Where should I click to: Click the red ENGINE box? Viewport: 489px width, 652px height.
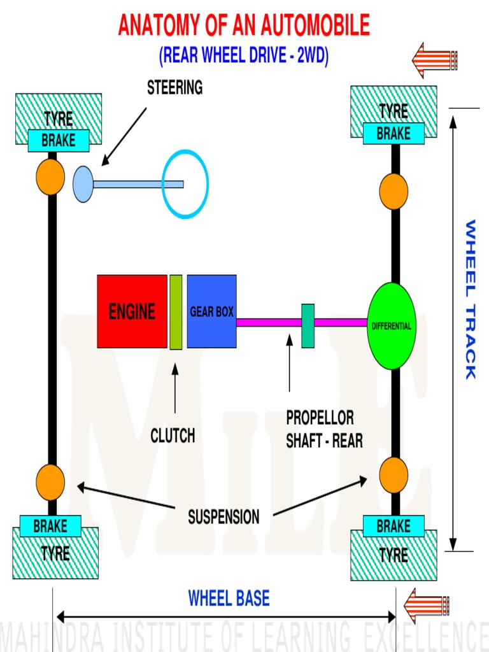[x=132, y=311]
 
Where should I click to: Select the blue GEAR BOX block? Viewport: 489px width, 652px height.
[x=211, y=311]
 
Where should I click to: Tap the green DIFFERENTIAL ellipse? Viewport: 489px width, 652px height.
[x=392, y=326]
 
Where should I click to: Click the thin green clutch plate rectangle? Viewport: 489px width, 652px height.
[x=176, y=312]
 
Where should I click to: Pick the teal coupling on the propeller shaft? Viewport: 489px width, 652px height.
[x=308, y=325]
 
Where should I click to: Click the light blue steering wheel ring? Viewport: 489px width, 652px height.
[x=185, y=185]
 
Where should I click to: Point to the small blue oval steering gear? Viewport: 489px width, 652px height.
[x=83, y=184]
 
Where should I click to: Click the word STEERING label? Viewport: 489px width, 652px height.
[x=174, y=88]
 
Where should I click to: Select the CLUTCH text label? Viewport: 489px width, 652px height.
[x=173, y=436]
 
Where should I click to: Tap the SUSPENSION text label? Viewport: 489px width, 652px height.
[x=223, y=517]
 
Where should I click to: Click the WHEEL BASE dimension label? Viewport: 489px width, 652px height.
[x=229, y=599]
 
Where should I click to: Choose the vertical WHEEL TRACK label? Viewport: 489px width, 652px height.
[x=470, y=299]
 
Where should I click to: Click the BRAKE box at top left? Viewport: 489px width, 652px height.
[x=59, y=141]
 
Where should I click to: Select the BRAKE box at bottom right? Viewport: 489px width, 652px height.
[x=393, y=527]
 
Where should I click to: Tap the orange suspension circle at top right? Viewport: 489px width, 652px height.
[x=393, y=191]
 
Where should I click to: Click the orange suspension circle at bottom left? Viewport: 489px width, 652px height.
[x=50, y=482]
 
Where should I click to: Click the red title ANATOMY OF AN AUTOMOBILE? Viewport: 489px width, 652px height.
[x=244, y=26]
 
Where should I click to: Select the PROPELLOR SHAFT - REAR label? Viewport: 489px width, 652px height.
[x=324, y=429]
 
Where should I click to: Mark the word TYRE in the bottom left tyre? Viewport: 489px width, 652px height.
[x=55, y=554]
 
